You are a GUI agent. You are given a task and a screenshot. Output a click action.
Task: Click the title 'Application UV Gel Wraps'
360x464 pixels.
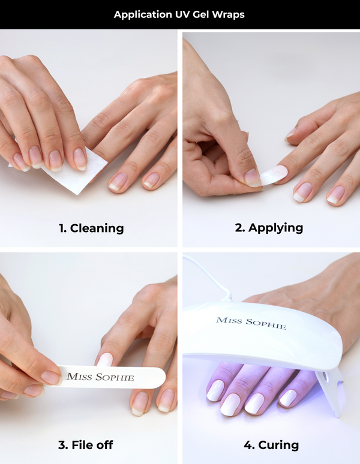tap(179, 14)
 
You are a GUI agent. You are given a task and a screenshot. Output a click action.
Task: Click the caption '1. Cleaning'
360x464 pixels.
tap(91, 228)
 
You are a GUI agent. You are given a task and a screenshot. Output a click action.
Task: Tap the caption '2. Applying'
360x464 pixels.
tap(269, 228)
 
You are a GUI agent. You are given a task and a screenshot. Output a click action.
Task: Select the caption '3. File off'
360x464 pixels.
tap(86, 445)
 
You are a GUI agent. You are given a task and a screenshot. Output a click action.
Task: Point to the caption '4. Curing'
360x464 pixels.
tap(271, 445)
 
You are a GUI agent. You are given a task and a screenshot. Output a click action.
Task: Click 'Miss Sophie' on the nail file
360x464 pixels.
tap(100, 376)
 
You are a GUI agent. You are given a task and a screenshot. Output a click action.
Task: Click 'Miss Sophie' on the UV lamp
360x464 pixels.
tap(251, 323)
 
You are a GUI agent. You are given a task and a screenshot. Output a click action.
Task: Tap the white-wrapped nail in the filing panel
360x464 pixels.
tap(104, 360)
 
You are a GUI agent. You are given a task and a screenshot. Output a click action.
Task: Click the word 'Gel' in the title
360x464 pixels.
tap(201, 14)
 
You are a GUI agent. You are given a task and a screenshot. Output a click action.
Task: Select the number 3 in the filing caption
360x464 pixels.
tap(62, 445)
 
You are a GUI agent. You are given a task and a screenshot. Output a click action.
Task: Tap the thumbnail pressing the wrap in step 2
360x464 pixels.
tap(253, 177)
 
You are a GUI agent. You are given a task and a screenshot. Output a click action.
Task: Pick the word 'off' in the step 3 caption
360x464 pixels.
tap(104, 445)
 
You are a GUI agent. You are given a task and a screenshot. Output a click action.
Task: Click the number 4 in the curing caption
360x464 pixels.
tap(248, 445)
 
